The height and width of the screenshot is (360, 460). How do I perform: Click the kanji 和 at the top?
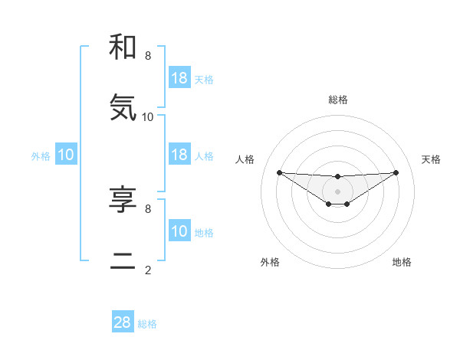point(123,47)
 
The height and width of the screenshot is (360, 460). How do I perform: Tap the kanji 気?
point(123,108)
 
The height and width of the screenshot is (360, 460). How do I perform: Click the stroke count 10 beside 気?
point(148,116)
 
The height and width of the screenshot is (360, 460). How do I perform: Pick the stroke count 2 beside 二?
point(148,270)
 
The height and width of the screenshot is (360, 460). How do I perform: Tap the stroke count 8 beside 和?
point(148,56)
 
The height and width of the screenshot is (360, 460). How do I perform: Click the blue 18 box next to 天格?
point(179,77)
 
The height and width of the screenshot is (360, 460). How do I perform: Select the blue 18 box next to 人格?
point(179,155)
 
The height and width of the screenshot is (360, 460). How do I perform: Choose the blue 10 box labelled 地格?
point(179,231)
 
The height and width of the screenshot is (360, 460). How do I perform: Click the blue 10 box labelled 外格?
point(66,155)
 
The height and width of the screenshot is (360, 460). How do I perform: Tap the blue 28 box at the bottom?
point(123,322)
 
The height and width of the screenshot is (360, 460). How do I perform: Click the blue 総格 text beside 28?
point(147,324)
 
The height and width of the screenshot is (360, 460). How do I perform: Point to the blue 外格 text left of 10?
point(41,156)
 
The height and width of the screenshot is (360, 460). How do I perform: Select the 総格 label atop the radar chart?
point(338,100)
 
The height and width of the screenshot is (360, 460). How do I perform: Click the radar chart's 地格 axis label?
point(402,262)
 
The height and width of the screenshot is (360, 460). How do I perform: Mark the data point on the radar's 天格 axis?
point(396,172)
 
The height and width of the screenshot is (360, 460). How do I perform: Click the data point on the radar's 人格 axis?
point(279,172)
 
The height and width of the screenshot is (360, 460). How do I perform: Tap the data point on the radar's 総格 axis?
point(338,177)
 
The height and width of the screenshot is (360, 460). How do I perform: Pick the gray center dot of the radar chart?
point(338,191)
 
